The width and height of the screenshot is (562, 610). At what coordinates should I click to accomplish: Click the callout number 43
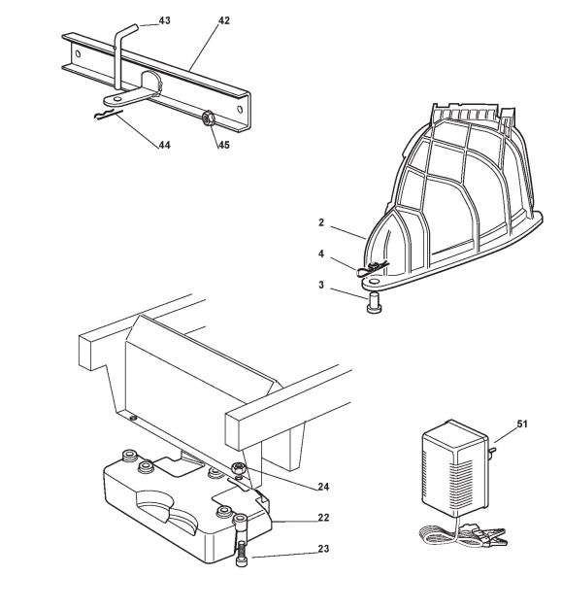[164, 20]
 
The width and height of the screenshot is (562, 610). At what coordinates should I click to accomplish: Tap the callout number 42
[223, 20]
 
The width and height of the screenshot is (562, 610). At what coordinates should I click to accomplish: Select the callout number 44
[164, 145]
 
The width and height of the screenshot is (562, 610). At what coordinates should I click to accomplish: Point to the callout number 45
[223, 145]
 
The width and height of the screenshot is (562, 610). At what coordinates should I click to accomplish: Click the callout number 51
[522, 424]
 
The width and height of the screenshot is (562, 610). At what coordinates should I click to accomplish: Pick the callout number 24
[323, 487]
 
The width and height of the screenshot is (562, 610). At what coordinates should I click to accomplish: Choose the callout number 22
[323, 518]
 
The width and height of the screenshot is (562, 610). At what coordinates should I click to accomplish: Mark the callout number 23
[323, 549]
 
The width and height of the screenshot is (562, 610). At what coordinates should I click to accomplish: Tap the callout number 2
[321, 222]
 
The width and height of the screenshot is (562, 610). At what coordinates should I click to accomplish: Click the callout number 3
[321, 285]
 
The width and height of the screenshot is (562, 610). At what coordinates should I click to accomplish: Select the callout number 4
[321, 254]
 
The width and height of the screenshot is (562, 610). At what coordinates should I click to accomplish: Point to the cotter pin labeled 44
[108, 115]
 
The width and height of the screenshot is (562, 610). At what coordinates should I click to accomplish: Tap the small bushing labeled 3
[375, 304]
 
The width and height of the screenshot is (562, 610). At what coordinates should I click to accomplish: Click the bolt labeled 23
[240, 540]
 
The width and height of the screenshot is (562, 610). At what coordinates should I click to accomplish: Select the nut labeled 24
[237, 469]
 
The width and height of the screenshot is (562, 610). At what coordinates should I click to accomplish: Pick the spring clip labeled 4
[372, 269]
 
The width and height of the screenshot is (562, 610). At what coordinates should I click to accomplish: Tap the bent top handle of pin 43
[125, 30]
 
